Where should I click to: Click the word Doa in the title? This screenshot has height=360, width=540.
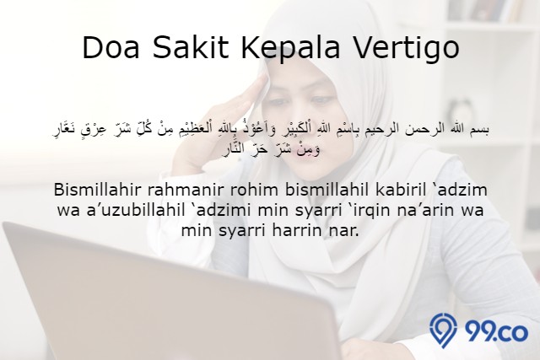[111, 47]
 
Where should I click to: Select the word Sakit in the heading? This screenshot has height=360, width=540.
[191, 47]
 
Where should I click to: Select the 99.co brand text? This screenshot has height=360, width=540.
[497, 332]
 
